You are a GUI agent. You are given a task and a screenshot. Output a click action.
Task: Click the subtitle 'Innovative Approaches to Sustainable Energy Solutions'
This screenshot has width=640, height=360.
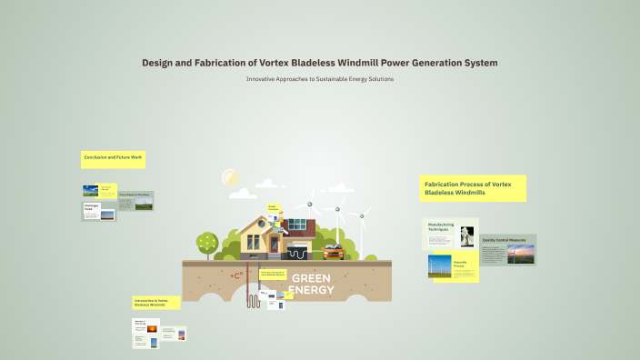pos(319,79)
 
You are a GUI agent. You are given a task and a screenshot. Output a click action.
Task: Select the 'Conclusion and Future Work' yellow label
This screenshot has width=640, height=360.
pos(113,158)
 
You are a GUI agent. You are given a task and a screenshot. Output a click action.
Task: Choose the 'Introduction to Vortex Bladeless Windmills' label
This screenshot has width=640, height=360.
pos(155,302)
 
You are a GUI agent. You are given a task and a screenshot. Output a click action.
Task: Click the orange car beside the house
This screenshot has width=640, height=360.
pos(334,251)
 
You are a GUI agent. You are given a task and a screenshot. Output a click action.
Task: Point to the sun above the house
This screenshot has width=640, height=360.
pos(230,178)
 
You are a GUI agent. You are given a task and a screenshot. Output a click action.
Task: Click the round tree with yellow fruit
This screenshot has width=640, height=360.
pos(208,242)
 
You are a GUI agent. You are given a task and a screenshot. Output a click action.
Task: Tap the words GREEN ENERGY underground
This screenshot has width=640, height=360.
pos(311,285)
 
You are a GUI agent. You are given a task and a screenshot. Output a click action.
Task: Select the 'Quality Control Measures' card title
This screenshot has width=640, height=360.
pos(505,241)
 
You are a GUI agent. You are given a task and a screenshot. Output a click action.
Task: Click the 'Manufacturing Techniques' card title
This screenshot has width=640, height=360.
pos(441,227)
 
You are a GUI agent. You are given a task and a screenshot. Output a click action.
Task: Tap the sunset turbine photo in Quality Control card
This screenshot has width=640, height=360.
pos(521,256)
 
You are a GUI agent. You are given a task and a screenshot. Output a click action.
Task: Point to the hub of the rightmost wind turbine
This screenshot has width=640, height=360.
pos(361,216)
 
